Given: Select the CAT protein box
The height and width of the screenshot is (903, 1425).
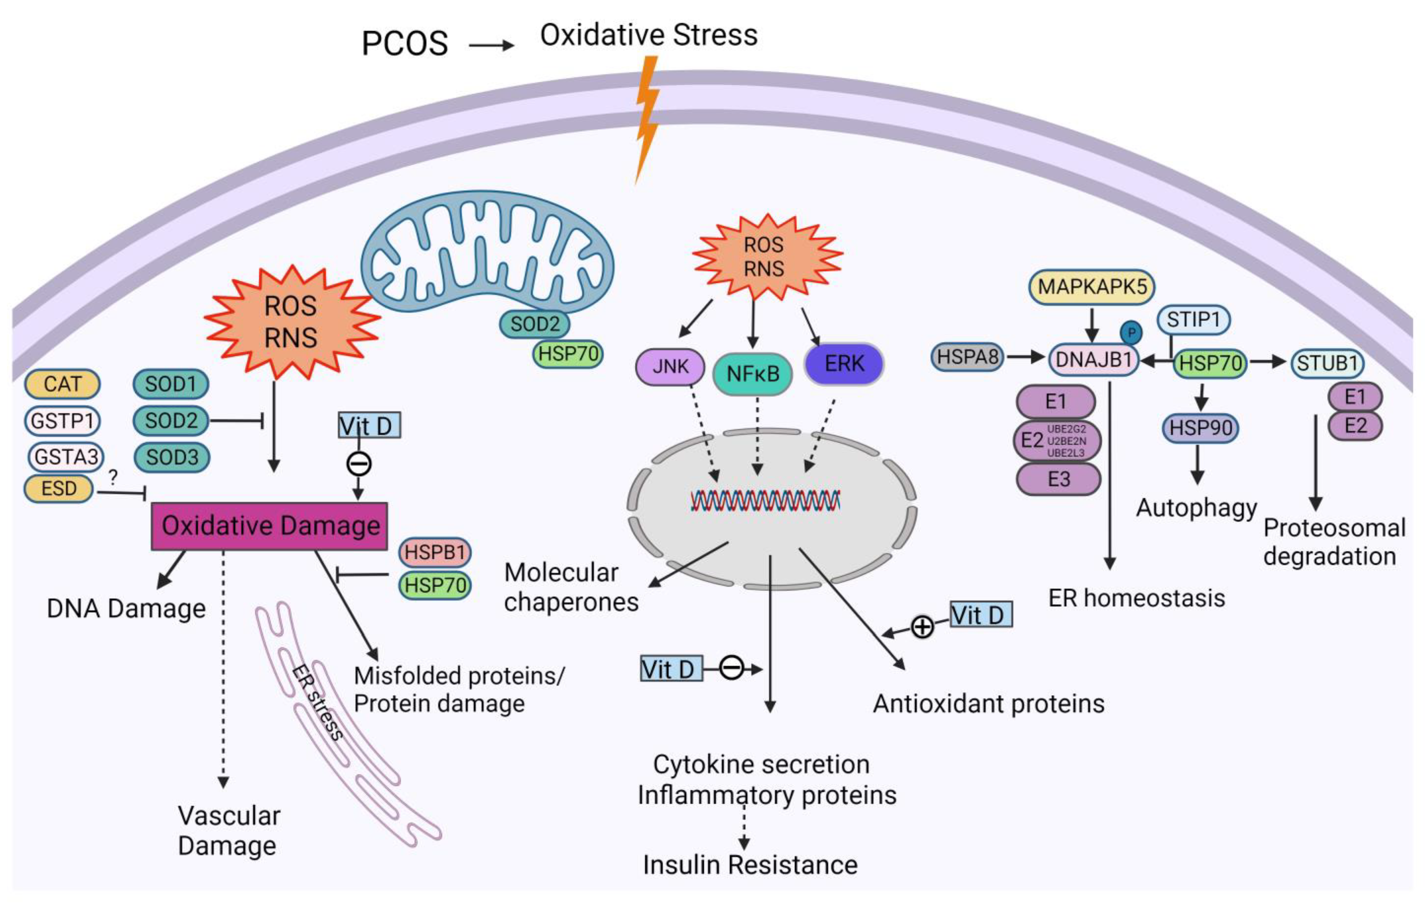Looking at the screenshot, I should (x=62, y=384).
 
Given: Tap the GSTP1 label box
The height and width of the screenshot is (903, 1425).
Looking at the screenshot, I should (x=62, y=421).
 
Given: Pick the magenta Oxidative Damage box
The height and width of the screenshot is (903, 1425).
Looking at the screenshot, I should (x=270, y=526).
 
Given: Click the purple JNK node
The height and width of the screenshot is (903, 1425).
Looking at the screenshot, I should (x=670, y=366).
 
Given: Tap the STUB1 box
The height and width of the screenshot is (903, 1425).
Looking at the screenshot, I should (x=1327, y=363).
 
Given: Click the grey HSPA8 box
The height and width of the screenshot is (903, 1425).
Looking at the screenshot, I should (x=968, y=357).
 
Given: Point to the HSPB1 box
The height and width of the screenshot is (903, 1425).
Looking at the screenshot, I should (x=435, y=552).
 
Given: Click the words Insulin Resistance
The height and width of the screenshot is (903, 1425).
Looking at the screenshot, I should (x=750, y=865).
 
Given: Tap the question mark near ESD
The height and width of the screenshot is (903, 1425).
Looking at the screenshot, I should (x=113, y=477).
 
